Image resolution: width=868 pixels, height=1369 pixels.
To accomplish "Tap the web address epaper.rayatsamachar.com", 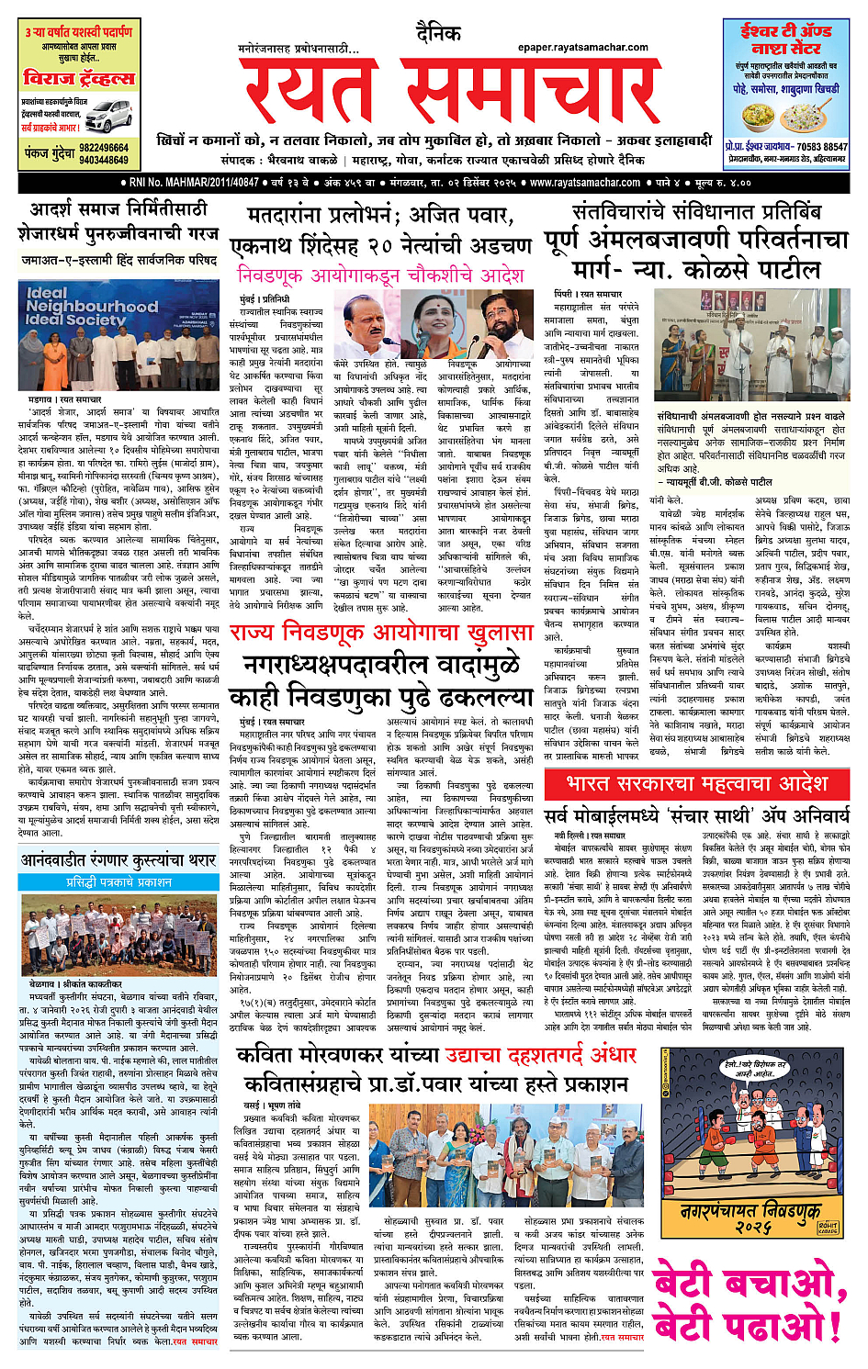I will click(x=582, y=48).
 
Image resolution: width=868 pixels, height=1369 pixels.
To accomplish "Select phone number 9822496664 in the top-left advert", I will click(x=104, y=148).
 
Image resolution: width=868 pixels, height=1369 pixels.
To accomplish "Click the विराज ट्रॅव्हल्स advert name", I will click(x=79, y=79).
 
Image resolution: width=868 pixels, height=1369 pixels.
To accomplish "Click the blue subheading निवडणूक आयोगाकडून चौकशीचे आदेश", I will click(x=380, y=275).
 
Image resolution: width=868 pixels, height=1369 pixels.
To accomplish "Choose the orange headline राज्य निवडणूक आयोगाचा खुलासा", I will click(x=381, y=634).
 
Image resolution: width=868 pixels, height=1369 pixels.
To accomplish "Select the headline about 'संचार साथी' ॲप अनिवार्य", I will click(x=696, y=815).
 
